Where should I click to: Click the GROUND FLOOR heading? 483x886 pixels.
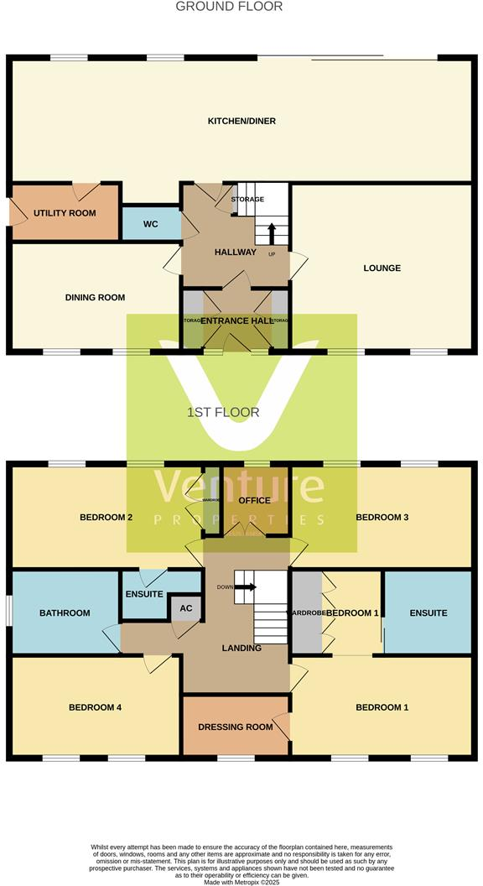[229, 7]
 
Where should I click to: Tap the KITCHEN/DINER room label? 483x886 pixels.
[241, 122]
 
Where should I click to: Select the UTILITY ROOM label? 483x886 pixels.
[65, 213]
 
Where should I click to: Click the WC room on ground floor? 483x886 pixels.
[151, 224]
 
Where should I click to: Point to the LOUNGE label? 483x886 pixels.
[382, 268]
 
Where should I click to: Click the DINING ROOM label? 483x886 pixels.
[95, 297]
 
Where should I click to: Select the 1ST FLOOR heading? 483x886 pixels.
[223, 413]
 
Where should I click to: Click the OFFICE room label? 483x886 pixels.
[254, 500]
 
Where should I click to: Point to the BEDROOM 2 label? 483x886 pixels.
[106, 518]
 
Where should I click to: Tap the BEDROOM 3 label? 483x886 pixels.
[382, 518]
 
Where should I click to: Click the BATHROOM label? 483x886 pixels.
[65, 613]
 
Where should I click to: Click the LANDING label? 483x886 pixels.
[241, 648]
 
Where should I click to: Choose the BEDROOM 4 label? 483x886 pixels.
[95, 707]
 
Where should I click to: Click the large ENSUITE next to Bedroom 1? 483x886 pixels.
[428, 613]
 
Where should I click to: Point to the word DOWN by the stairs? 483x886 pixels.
[224, 587]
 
